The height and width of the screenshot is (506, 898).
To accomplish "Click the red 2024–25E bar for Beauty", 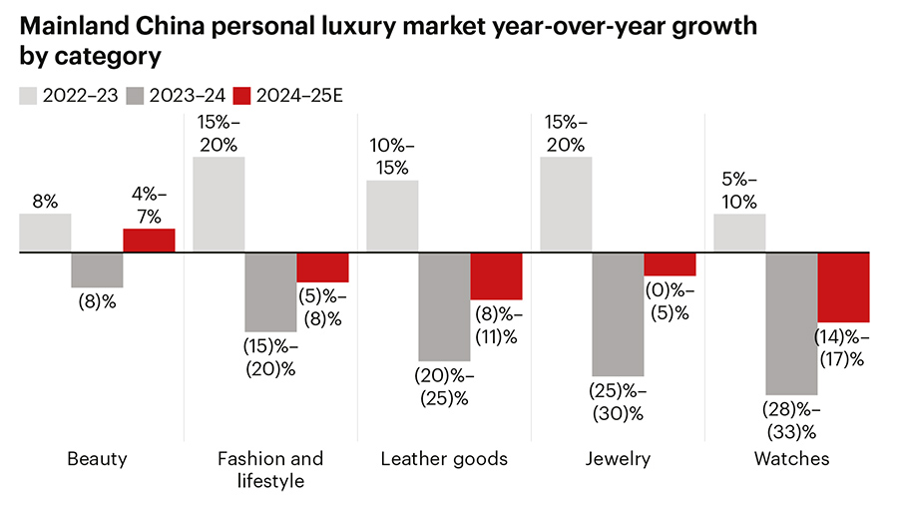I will pos(149,241).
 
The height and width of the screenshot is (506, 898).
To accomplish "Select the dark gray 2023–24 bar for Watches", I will pos(791,323).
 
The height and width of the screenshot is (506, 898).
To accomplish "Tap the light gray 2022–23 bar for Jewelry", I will pos(566,205).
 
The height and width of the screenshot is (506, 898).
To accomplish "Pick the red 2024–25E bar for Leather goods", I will pos(496,276).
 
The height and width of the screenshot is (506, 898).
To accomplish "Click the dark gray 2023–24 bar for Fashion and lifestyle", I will pos(270,291).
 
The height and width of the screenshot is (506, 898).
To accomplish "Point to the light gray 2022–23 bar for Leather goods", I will pos(392,217).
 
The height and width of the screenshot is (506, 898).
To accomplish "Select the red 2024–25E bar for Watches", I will pos(843,287).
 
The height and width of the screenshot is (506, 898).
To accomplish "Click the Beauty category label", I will pos(97,459).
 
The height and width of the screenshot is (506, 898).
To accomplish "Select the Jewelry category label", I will pos(619,459).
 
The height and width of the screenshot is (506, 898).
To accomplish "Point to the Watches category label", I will pos(792,459).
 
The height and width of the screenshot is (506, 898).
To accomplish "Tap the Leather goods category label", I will pos(444,459).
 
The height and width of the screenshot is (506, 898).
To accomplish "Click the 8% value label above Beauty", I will pos(45,200).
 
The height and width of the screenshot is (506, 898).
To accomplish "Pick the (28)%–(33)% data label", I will pos(791,420).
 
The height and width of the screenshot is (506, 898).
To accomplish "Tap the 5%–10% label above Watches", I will pos(739,191).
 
